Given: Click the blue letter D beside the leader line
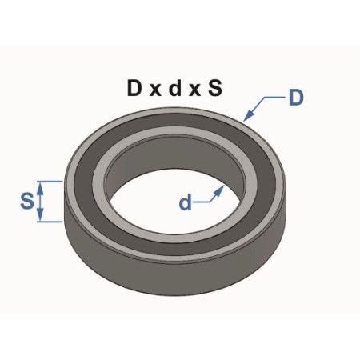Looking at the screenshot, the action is click(x=296, y=98).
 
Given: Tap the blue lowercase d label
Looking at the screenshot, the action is click(x=186, y=202).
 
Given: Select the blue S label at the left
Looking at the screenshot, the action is click(x=27, y=201).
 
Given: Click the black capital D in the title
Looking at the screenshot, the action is click(x=134, y=88).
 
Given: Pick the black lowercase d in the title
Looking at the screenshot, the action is click(x=175, y=88).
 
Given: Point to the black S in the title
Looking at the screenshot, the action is click(x=215, y=88).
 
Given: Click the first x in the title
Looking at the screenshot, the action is click(x=155, y=90).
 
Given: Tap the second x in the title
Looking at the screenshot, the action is click(x=194, y=90).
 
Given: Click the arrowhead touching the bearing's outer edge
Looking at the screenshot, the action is click(x=248, y=115).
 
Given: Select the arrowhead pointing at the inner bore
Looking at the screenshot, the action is click(x=218, y=190).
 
